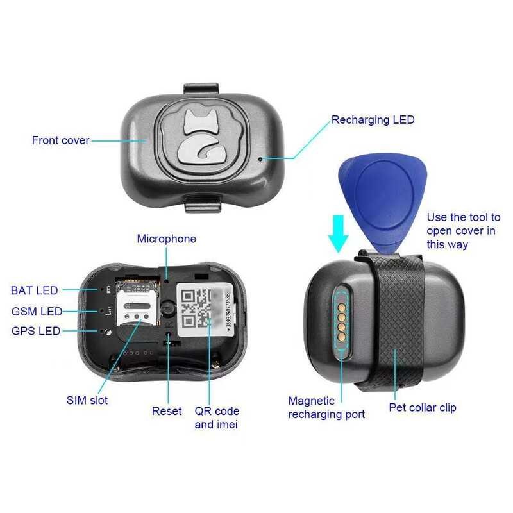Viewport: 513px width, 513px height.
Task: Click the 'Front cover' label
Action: click(x=60, y=140)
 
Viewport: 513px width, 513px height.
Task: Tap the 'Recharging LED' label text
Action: click(x=373, y=120)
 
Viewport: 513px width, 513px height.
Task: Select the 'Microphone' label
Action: click(x=167, y=239)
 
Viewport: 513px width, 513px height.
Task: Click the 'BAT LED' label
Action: click(x=35, y=291)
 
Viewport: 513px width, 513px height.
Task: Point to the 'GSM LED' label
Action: click(x=37, y=312)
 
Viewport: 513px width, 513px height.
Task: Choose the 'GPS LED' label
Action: click(x=36, y=332)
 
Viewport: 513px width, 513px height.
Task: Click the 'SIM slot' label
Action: click(x=87, y=400)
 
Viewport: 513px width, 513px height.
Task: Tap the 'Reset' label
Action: click(x=167, y=410)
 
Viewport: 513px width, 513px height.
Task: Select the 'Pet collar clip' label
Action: click(x=423, y=407)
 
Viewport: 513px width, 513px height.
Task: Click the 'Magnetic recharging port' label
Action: click(x=326, y=408)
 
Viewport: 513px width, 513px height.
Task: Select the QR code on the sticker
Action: click(x=196, y=308)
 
